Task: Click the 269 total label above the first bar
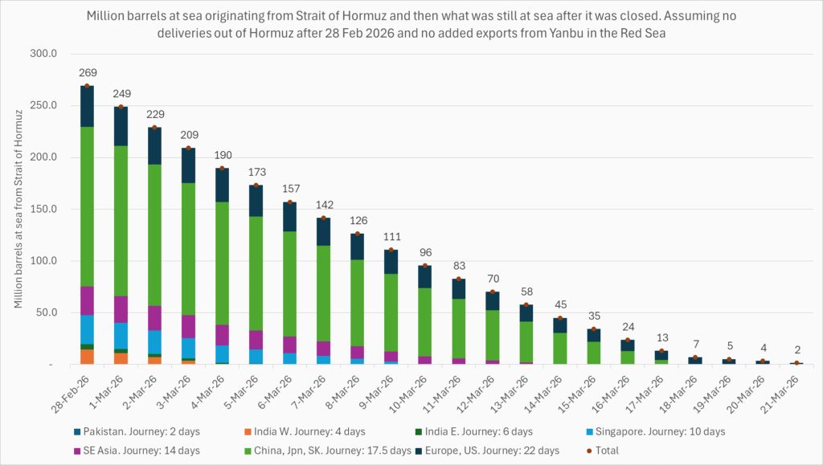[x=87, y=72]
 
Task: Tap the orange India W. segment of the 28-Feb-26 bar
[x=87, y=357]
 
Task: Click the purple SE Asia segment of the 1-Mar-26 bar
[x=121, y=309]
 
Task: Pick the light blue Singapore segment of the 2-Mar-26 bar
[x=154, y=342]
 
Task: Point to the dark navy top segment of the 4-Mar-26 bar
[x=222, y=185]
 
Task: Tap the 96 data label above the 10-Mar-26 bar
[x=424, y=253]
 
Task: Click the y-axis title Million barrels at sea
[x=18, y=209]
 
